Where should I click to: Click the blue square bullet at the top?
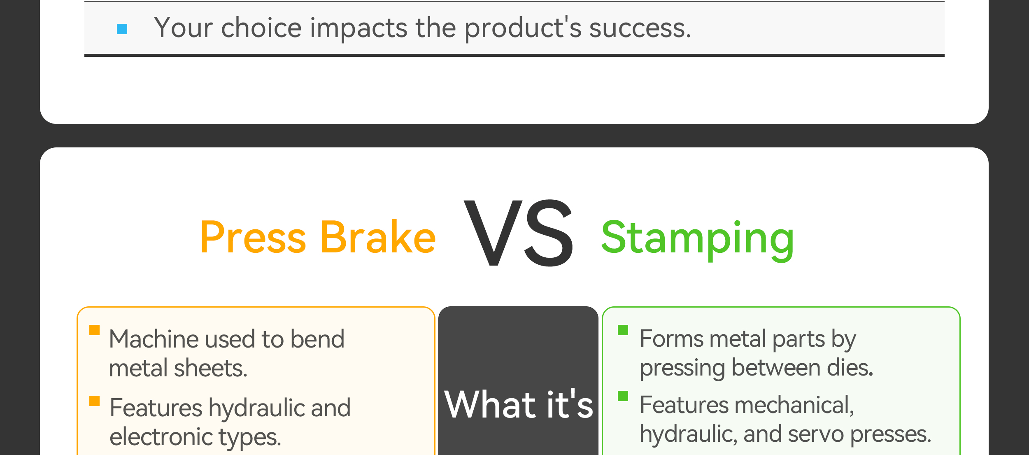coord(122,29)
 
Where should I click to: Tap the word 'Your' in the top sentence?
coord(184,28)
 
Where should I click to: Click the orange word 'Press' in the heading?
coord(253,237)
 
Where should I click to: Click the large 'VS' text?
coord(519,233)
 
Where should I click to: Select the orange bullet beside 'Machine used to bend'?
coord(95,330)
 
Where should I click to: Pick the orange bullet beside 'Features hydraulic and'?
coord(95,401)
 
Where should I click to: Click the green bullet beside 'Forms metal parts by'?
coord(623,330)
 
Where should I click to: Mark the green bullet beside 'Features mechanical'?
coord(623,396)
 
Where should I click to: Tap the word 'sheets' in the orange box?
coord(210,368)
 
